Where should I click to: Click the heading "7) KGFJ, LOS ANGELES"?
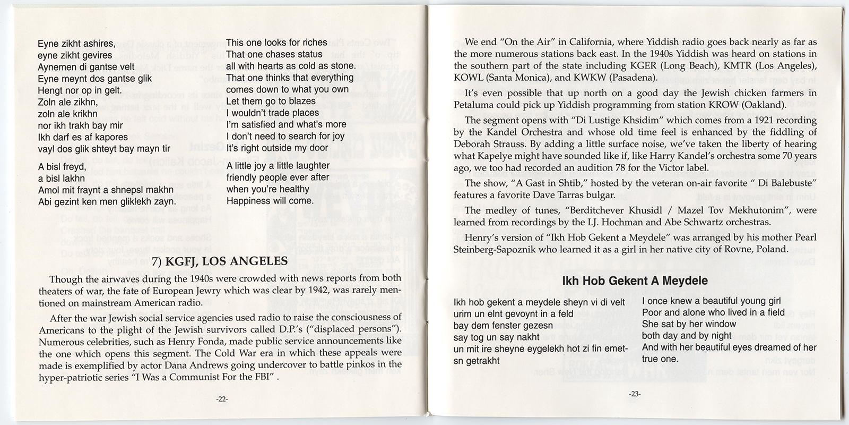coord(220,261)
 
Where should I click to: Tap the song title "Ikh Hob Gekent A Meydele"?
coord(635,281)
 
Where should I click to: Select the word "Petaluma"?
coord(472,104)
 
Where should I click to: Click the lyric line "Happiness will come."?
coord(270,201)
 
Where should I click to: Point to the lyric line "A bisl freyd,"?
coord(62,167)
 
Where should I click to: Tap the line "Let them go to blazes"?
coord(271,101)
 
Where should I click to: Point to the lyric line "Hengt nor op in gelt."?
coord(80,90)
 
